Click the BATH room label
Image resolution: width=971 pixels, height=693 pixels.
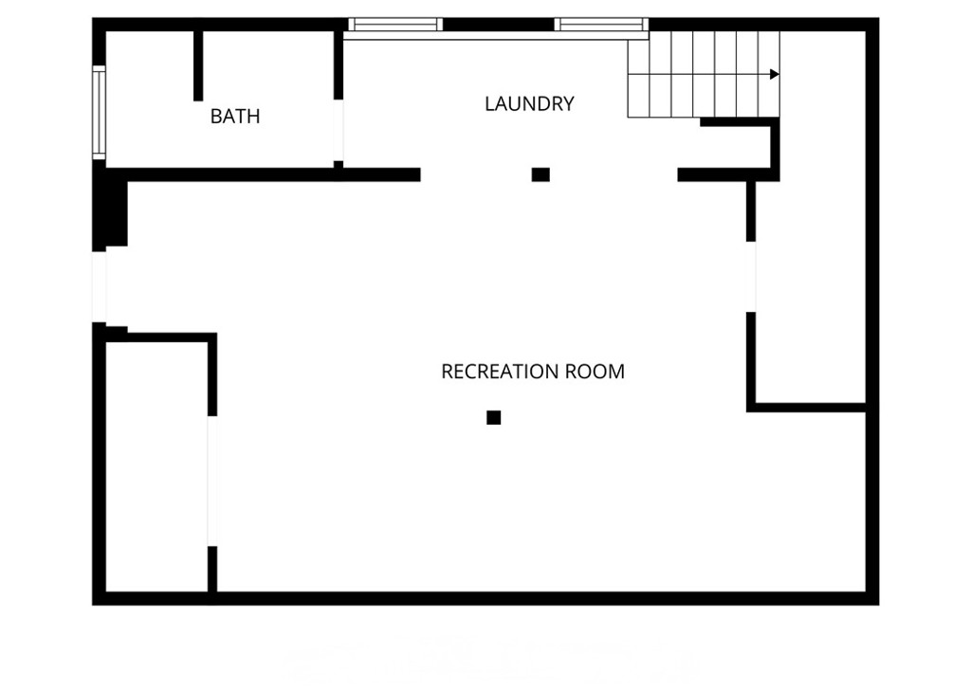(235, 117)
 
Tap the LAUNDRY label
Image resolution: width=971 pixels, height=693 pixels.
(529, 104)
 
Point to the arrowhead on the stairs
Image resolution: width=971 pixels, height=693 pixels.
(775, 74)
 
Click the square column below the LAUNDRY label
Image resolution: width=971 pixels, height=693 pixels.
(540, 174)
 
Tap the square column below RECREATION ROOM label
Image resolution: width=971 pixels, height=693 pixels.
(493, 417)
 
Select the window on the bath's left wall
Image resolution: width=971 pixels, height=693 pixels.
(98, 111)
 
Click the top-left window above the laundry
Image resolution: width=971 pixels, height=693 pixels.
(394, 24)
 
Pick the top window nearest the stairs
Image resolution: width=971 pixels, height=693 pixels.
(601, 24)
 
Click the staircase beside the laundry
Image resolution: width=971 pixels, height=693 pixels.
(702, 74)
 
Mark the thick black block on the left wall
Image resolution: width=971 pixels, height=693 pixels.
(112, 212)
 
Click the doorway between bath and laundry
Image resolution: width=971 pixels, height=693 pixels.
(339, 130)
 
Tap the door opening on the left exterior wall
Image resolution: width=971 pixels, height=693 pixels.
(100, 286)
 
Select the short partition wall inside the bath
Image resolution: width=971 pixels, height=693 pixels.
(198, 64)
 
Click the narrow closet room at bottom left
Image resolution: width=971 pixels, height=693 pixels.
(156, 465)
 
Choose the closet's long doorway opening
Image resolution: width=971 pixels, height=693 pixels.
(212, 481)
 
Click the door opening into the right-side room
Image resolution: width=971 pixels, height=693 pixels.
(751, 277)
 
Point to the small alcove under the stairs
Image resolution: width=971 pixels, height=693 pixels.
(735, 147)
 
